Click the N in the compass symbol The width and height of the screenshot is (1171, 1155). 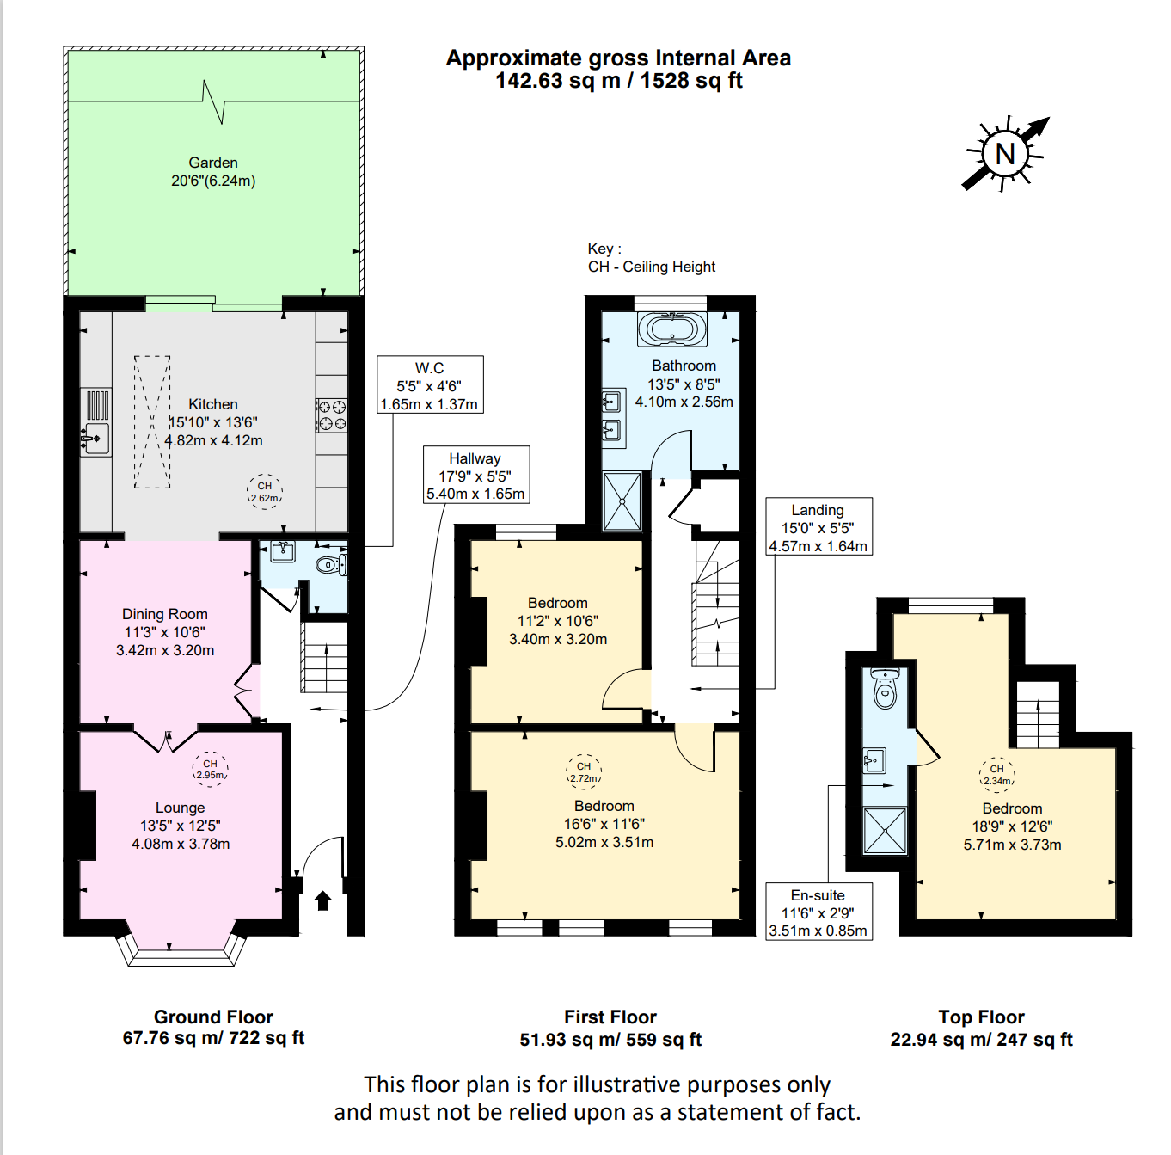coord(1005,154)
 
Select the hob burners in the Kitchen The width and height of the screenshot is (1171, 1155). coord(332,415)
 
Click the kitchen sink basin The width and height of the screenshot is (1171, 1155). coord(96,438)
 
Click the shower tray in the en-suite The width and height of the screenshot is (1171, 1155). coord(885,831)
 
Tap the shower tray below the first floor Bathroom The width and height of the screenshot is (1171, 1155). coord(622,501)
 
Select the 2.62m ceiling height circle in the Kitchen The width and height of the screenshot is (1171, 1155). coord(264,492)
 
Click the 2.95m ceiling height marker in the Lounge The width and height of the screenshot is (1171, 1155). coord(211,769)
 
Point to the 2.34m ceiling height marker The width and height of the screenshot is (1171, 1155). coord(996,775)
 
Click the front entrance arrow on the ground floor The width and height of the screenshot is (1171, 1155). coord(322,900)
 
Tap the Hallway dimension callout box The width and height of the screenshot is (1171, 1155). coord(475,475)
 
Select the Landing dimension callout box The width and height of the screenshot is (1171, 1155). coord(818,526)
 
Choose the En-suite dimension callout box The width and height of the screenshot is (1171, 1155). coord(818,912)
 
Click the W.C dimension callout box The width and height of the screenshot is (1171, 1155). coord(430,384)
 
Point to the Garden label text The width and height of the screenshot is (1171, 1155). coord(212,163)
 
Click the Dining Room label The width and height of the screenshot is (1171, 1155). coord(165,614)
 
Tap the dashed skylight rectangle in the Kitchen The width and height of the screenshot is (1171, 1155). coord(152,422)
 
